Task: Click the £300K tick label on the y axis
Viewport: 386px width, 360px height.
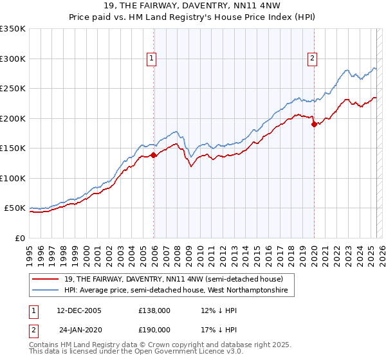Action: point(13,59)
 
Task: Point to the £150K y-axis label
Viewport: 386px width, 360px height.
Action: point(13,148)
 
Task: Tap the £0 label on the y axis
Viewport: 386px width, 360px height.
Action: point(19,238)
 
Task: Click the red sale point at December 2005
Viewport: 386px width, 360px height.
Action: point(154,155)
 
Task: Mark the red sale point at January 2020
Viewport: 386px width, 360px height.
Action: point(314,124)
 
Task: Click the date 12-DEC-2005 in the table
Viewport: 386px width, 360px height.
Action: point(78,310)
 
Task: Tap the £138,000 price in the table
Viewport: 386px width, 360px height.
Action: point(154,310)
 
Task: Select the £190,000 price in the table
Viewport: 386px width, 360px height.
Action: point(154,330)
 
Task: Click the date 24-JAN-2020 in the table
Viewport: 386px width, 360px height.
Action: point(78,330)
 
